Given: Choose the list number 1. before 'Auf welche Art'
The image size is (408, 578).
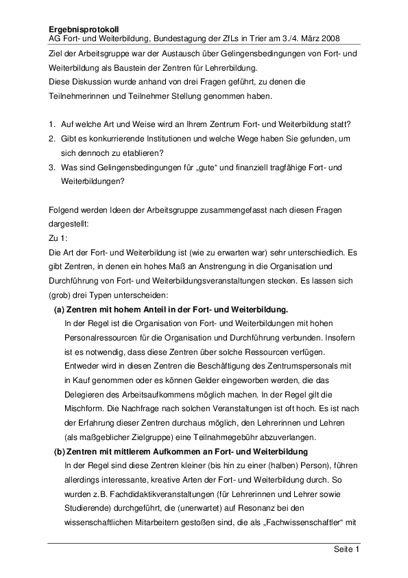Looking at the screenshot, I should [x=53, y=124].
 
